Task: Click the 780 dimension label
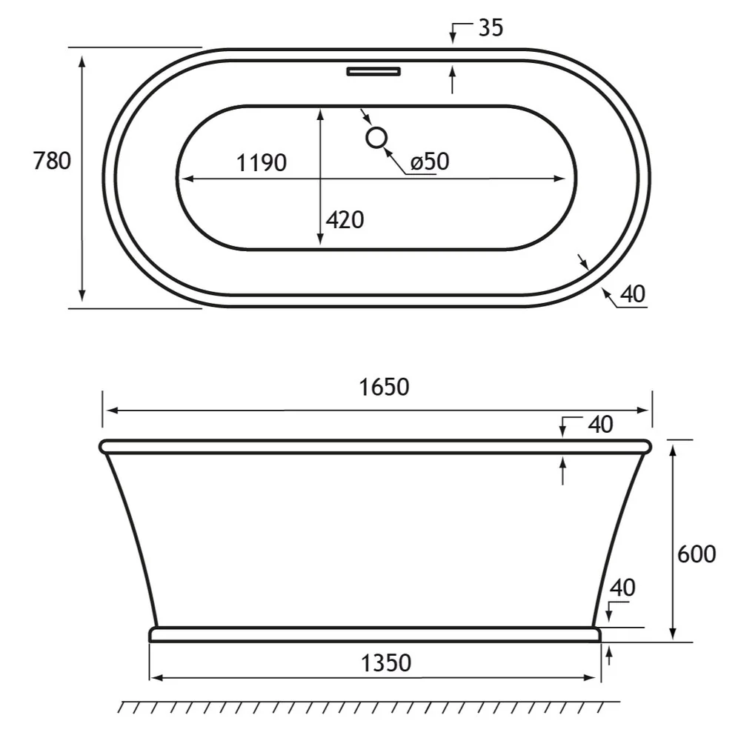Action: [x=53, y=160]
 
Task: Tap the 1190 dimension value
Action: [x=261, y=162]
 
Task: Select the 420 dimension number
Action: [x=345, y=219]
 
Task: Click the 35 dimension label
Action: [x=491, y=28]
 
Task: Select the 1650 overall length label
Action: [x=383, y=387]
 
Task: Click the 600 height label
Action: [x=697, y=554]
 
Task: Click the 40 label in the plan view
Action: [x=633, y=294]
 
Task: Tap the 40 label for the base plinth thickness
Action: [x=622, y=588]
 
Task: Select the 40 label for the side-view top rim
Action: [x=600, y=425]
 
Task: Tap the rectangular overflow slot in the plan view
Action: [x=373, y=72]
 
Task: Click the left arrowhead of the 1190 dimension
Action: [x=186, y=178]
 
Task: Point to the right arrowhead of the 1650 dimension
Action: [x=646, y=410]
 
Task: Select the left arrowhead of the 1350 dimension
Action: [x=155, y=677]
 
